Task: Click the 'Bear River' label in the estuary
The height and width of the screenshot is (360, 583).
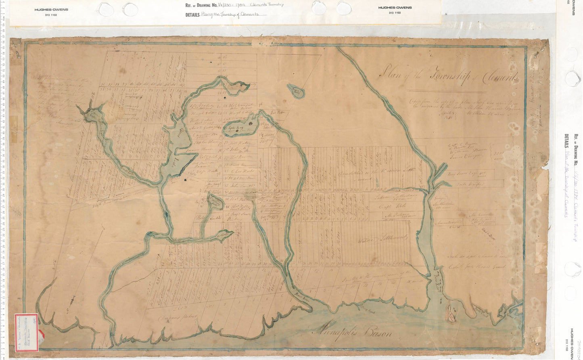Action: [x=441, y=278]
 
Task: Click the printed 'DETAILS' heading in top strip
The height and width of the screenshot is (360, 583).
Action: [x=192, y=15]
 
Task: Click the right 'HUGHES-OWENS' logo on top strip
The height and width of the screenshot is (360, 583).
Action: [x=394, y=8]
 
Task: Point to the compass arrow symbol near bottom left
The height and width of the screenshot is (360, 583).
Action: [x=71, y=301]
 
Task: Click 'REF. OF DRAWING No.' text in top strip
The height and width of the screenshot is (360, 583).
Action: [x=204, y=5]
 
